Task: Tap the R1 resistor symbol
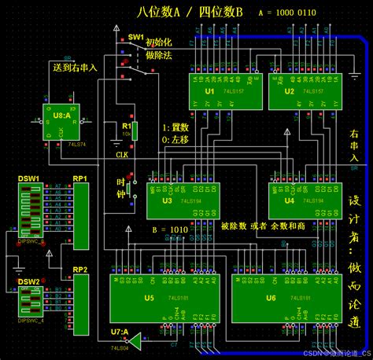[134, 130]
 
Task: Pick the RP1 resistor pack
[80, 205]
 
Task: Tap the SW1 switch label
[135, 38]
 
